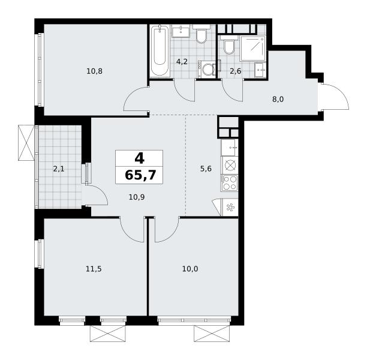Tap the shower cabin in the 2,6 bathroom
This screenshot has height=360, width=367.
pyautogui.click(x=253, y=48)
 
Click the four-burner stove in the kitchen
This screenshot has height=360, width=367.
pyautogui.click(x=230, y=182)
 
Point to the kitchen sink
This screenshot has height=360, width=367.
pyautogui.click(x=230, y=148)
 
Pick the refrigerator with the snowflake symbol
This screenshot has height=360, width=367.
pyautogui.click(x=229, y=207)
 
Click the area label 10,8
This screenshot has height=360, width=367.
pyautogui.click(x=94, y=71)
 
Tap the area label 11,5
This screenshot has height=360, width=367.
pyautogui.click(x=94, y=269)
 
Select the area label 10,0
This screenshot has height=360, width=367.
pyautogui.click(x=190, y=269)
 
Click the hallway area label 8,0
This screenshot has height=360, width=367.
pyautogui.click(x=278, y=100)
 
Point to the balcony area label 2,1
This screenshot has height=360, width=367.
pyautogui.click(x=59, y=169)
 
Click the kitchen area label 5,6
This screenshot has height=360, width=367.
pyautogui.click(x=206, y=169)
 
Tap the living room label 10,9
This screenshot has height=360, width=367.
pyautogui.click(x=137, y=197)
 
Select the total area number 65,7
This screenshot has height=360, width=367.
pyautogui.click(x=140, y=175)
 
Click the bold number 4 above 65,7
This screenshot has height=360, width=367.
pyautogui.click(x=140, y=158)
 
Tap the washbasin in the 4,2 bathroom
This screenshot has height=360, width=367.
pyautogui.click(x=181, y=31)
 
